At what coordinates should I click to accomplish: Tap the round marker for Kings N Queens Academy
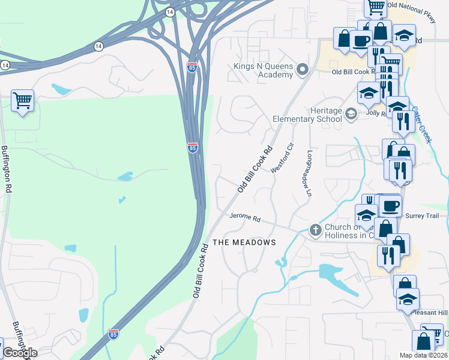coord(302,70)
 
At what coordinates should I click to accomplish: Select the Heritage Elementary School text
coord(307,115)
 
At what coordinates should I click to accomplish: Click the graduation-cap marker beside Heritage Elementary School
coord(351,114)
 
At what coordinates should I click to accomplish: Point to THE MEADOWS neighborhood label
coord(245,242)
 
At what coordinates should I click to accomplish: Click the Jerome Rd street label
coord(244,218)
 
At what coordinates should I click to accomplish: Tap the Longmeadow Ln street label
coord(310,173)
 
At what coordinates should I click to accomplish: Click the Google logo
coord(20,353)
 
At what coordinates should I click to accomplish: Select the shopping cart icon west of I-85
coord(22,101)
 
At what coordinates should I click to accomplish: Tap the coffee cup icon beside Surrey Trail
coord(390,206)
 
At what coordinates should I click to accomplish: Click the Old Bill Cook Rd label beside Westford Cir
coord(255,169)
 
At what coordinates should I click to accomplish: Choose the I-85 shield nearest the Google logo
coord(113,332)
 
